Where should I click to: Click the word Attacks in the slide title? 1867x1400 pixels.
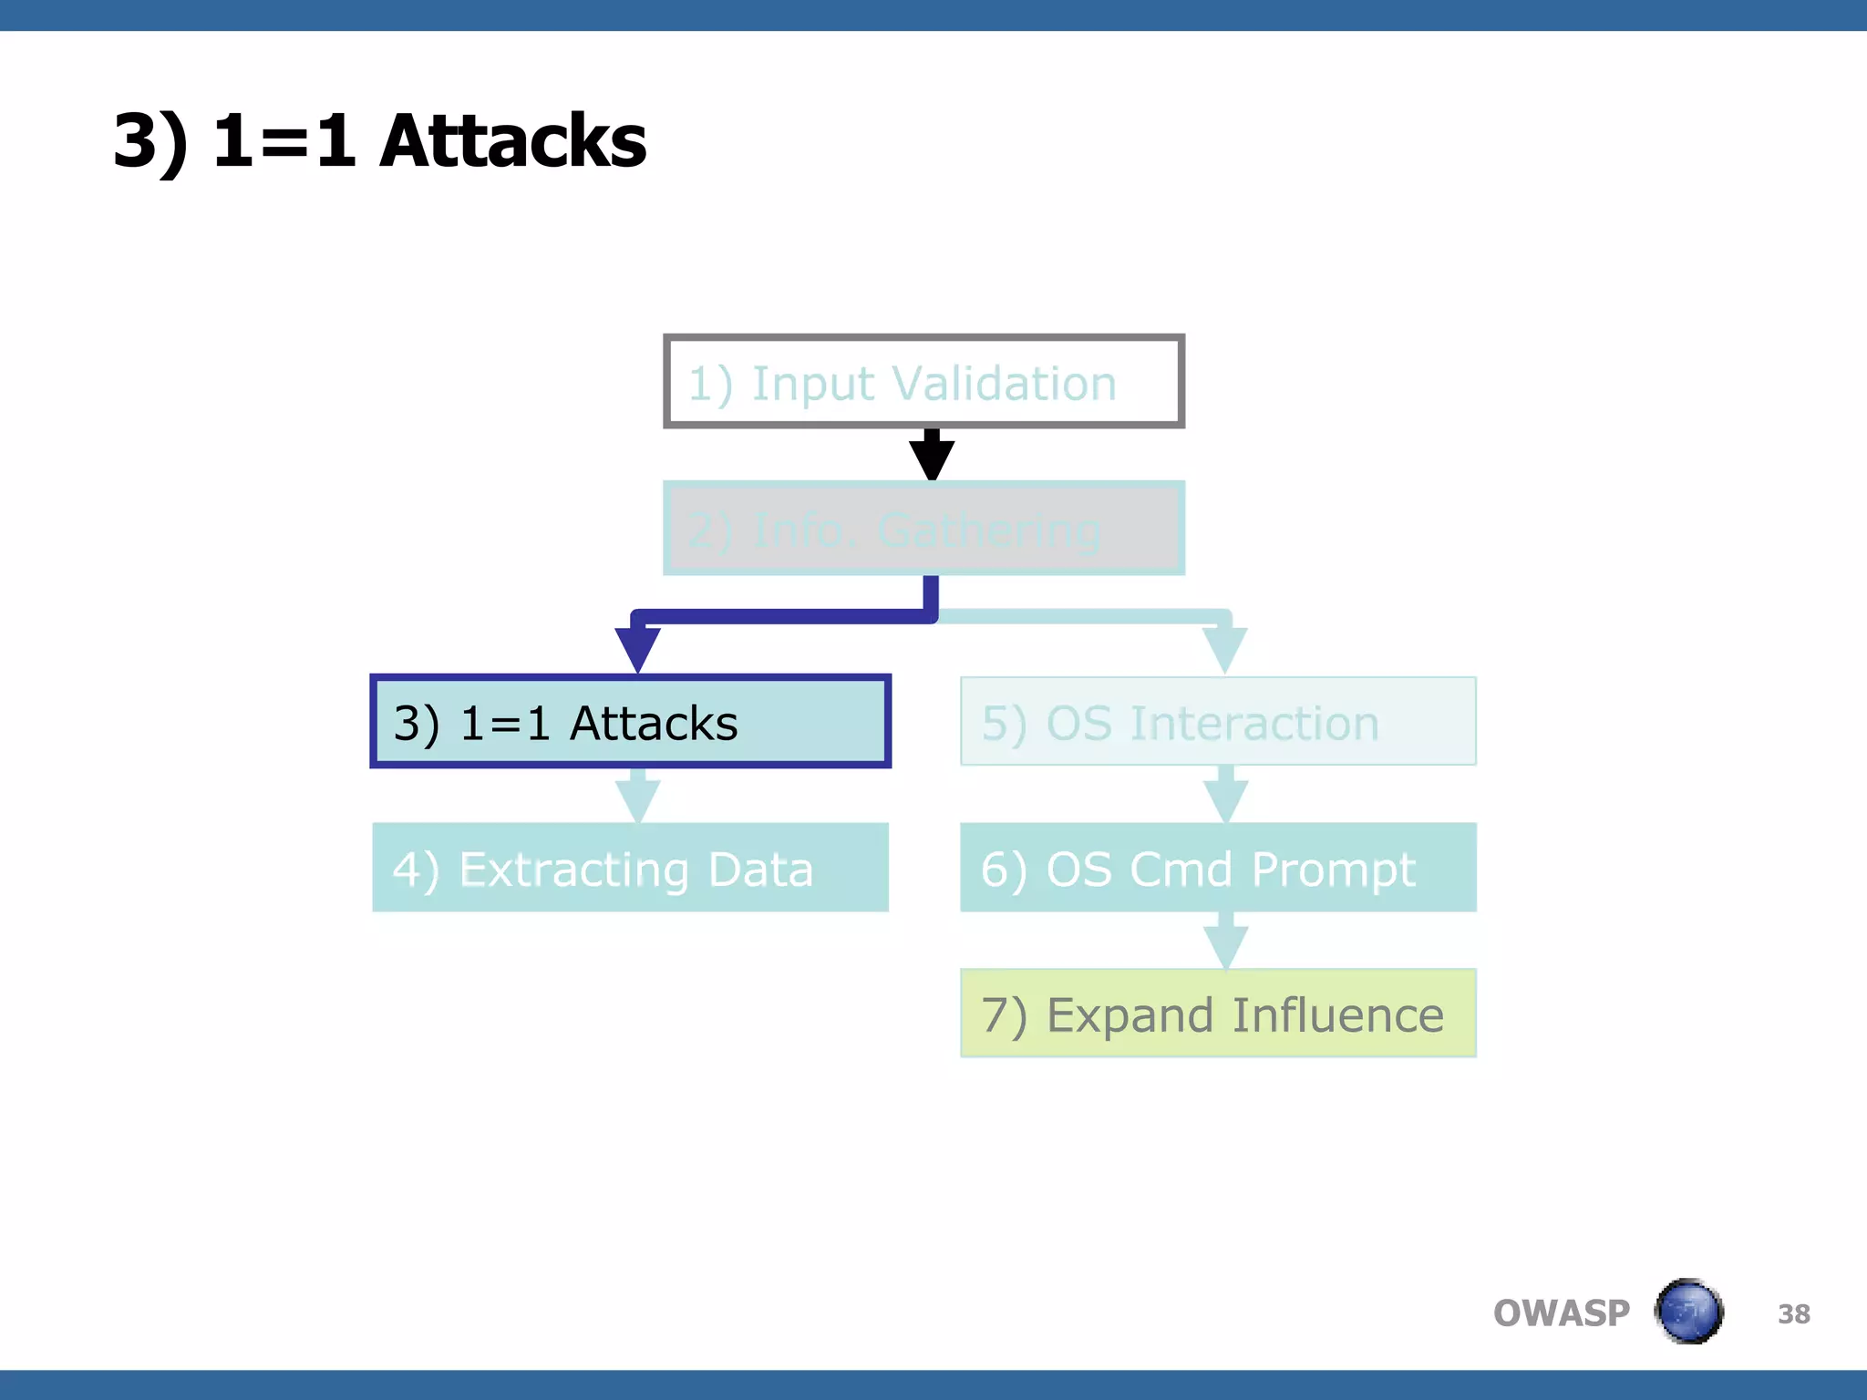(x=512, y=141)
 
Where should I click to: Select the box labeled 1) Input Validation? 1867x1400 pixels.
(x=923, y=381)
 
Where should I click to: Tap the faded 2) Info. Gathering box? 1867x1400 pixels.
(x=923, y=529)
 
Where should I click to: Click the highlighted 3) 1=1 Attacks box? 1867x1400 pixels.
(x=630, y=722)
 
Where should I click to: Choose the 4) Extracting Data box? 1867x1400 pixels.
(x=630, y=868)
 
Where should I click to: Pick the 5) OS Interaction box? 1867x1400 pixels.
(x=1218, y=722)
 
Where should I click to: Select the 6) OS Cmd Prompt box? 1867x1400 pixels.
(x=1218, y=868)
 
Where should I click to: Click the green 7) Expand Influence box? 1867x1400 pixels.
(x=1218, y=1014)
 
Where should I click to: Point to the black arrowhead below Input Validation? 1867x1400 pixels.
(x=932, y=458)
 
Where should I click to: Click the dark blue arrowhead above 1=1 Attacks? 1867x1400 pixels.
(x=637, y=648)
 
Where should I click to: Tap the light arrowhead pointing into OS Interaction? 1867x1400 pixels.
(x=1224, y=648)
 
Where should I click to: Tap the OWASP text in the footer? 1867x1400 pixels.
(x=1561, y=1313)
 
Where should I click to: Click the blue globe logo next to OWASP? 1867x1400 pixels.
(x=1688, y=1312)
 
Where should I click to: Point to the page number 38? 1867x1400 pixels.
(x=1793, y=1314)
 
